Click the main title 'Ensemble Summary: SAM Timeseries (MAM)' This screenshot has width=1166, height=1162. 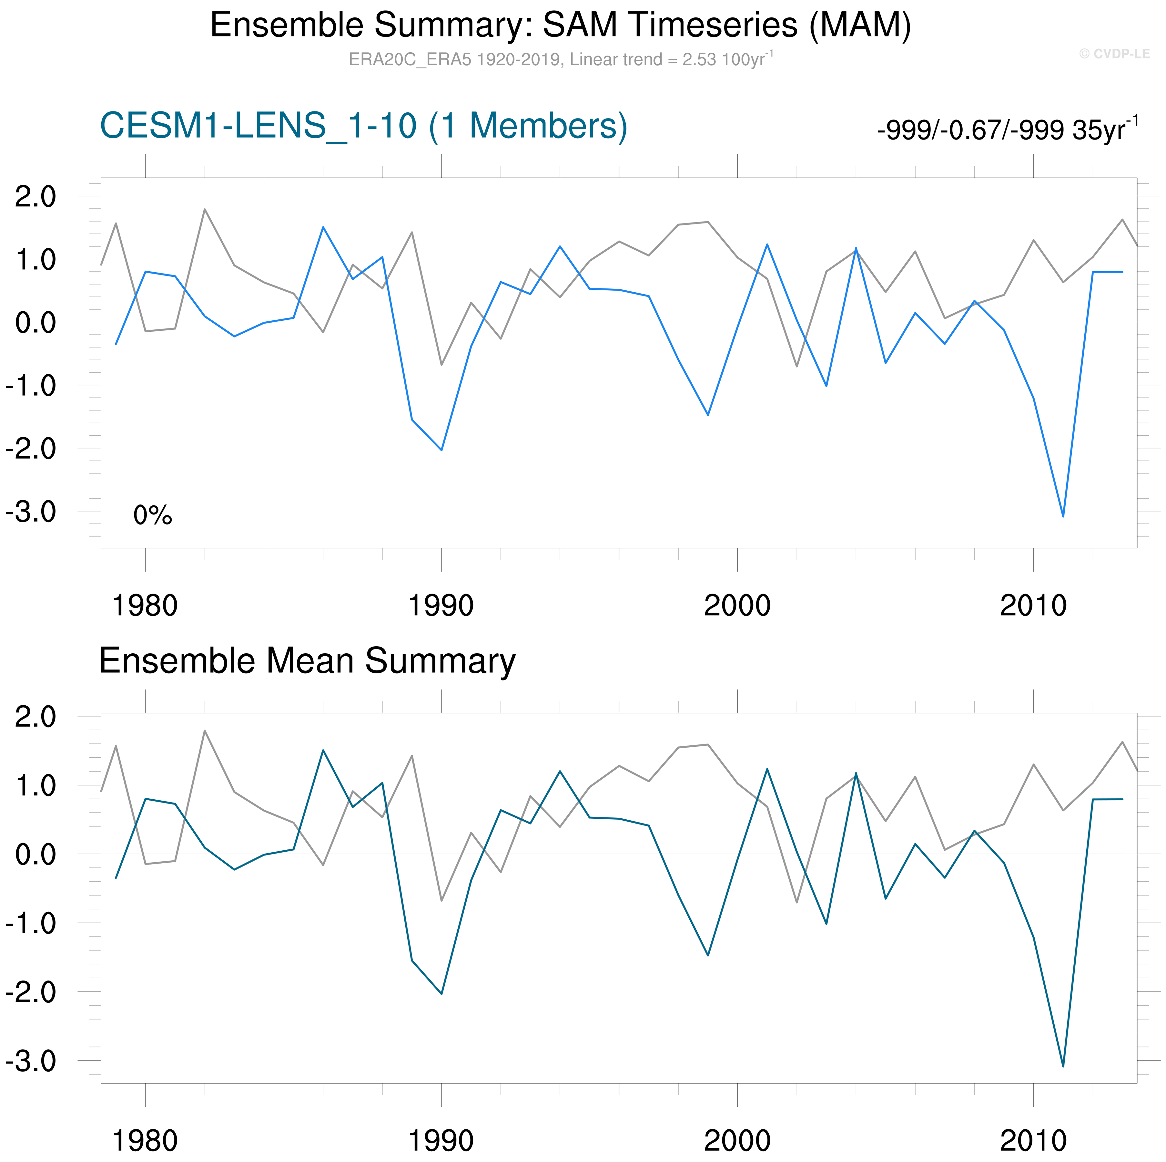tap(560, 26)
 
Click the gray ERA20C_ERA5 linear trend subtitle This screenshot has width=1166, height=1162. tap(560, 59)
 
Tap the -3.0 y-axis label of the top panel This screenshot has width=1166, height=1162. tap(31, 512)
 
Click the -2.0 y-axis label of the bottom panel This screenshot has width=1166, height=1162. tap(31, 992)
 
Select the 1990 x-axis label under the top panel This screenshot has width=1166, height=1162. tap(441, 605)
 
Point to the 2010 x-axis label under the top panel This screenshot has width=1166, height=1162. tap(1033, 605)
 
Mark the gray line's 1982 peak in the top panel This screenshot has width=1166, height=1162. tap(205, 210)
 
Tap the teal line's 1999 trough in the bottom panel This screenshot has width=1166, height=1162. tap(708, 955)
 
